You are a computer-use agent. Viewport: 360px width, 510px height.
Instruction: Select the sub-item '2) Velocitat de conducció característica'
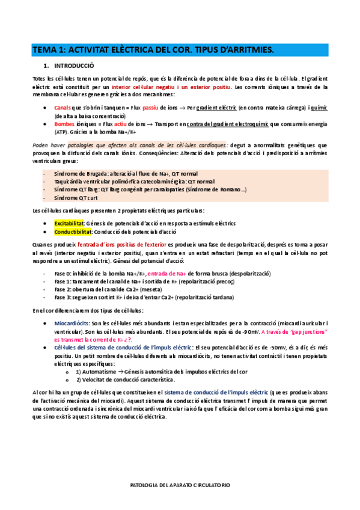pos(126,380)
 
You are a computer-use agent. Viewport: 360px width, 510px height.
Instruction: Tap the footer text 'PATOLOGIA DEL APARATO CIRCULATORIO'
pos(180,484)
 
